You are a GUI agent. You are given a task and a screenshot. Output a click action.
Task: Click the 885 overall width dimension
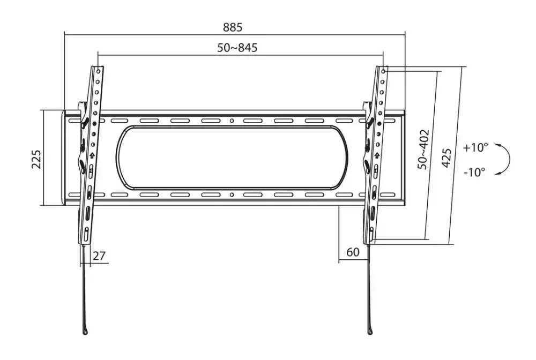pyautogui.click(x=233, y=27)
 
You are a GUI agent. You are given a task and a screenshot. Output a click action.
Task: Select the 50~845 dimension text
pyautogui.click(x=237, y=48)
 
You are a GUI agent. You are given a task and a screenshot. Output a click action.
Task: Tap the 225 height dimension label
pyautogui.click(x=36, y=159)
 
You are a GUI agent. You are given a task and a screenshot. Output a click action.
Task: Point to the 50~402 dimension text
pyautogui.click(x=423, y=149)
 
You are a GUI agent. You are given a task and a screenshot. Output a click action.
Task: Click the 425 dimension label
pyautogui.click(x=446, y=158)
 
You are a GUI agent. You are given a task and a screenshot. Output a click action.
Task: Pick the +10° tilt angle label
pyautogui.click(x=475, y=147)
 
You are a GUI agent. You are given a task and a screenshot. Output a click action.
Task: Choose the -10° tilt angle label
pyautogui.click(x=474, y=172)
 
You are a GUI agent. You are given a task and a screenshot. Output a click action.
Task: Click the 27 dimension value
pyautogui.click(x=99, y=256)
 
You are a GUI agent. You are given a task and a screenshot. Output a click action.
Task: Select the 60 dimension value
pyautogui.click(x=353, y=252)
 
